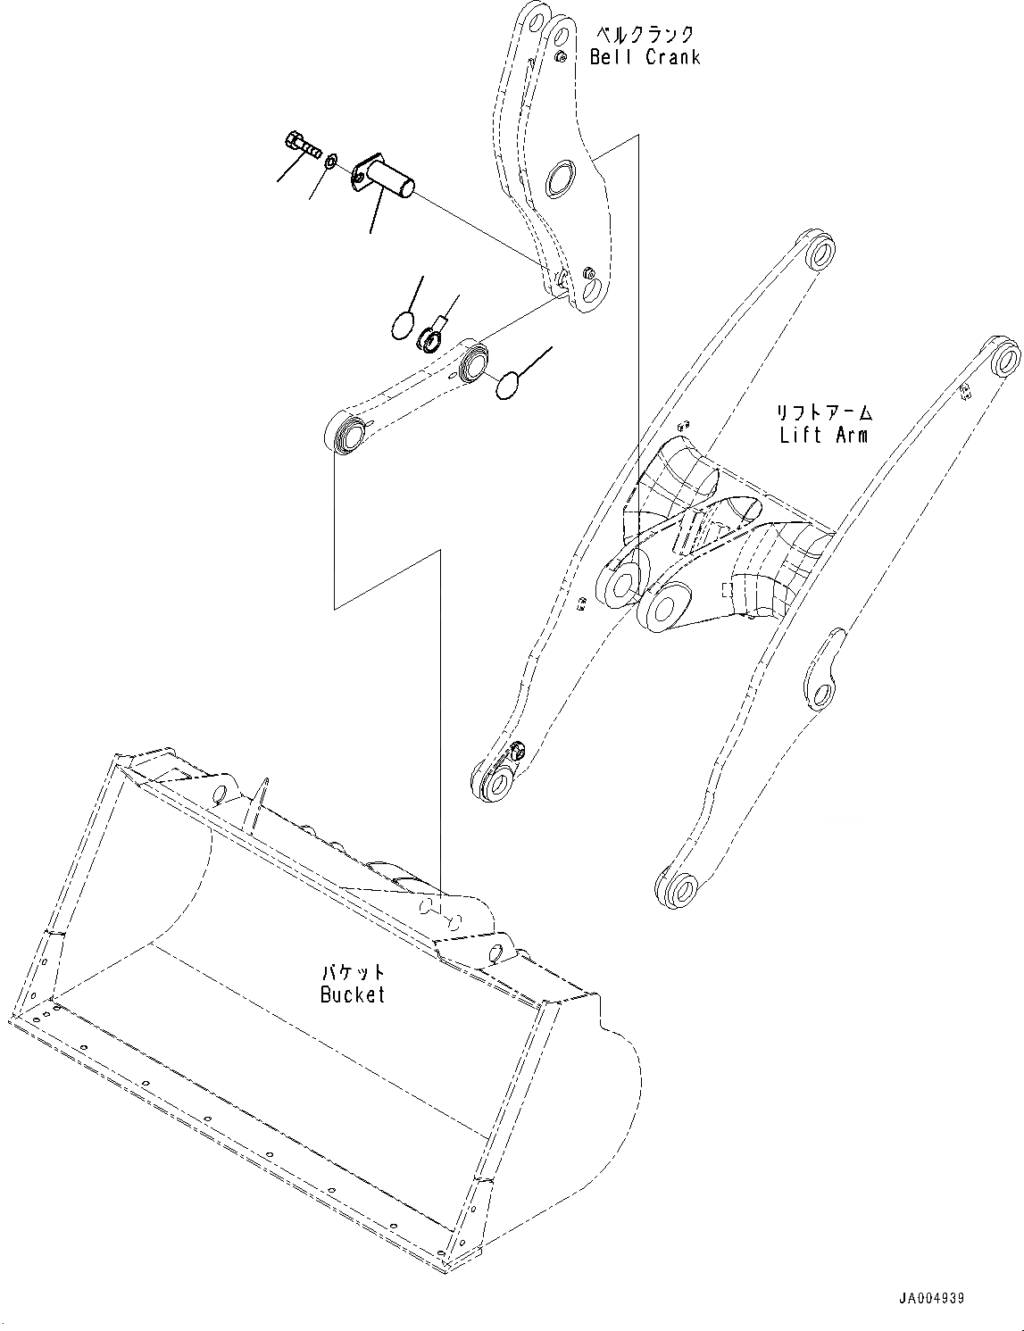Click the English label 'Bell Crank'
pos(645,57)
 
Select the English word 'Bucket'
pos(353,994)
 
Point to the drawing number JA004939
pos(931,1299)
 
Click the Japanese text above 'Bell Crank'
pos(645,34)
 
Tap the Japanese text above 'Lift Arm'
pos(822,413)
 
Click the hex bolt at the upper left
pos(303,145)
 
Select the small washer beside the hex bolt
pos(329,162)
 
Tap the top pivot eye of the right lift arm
pos(1003,359)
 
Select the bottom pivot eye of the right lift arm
pos(679,889)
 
